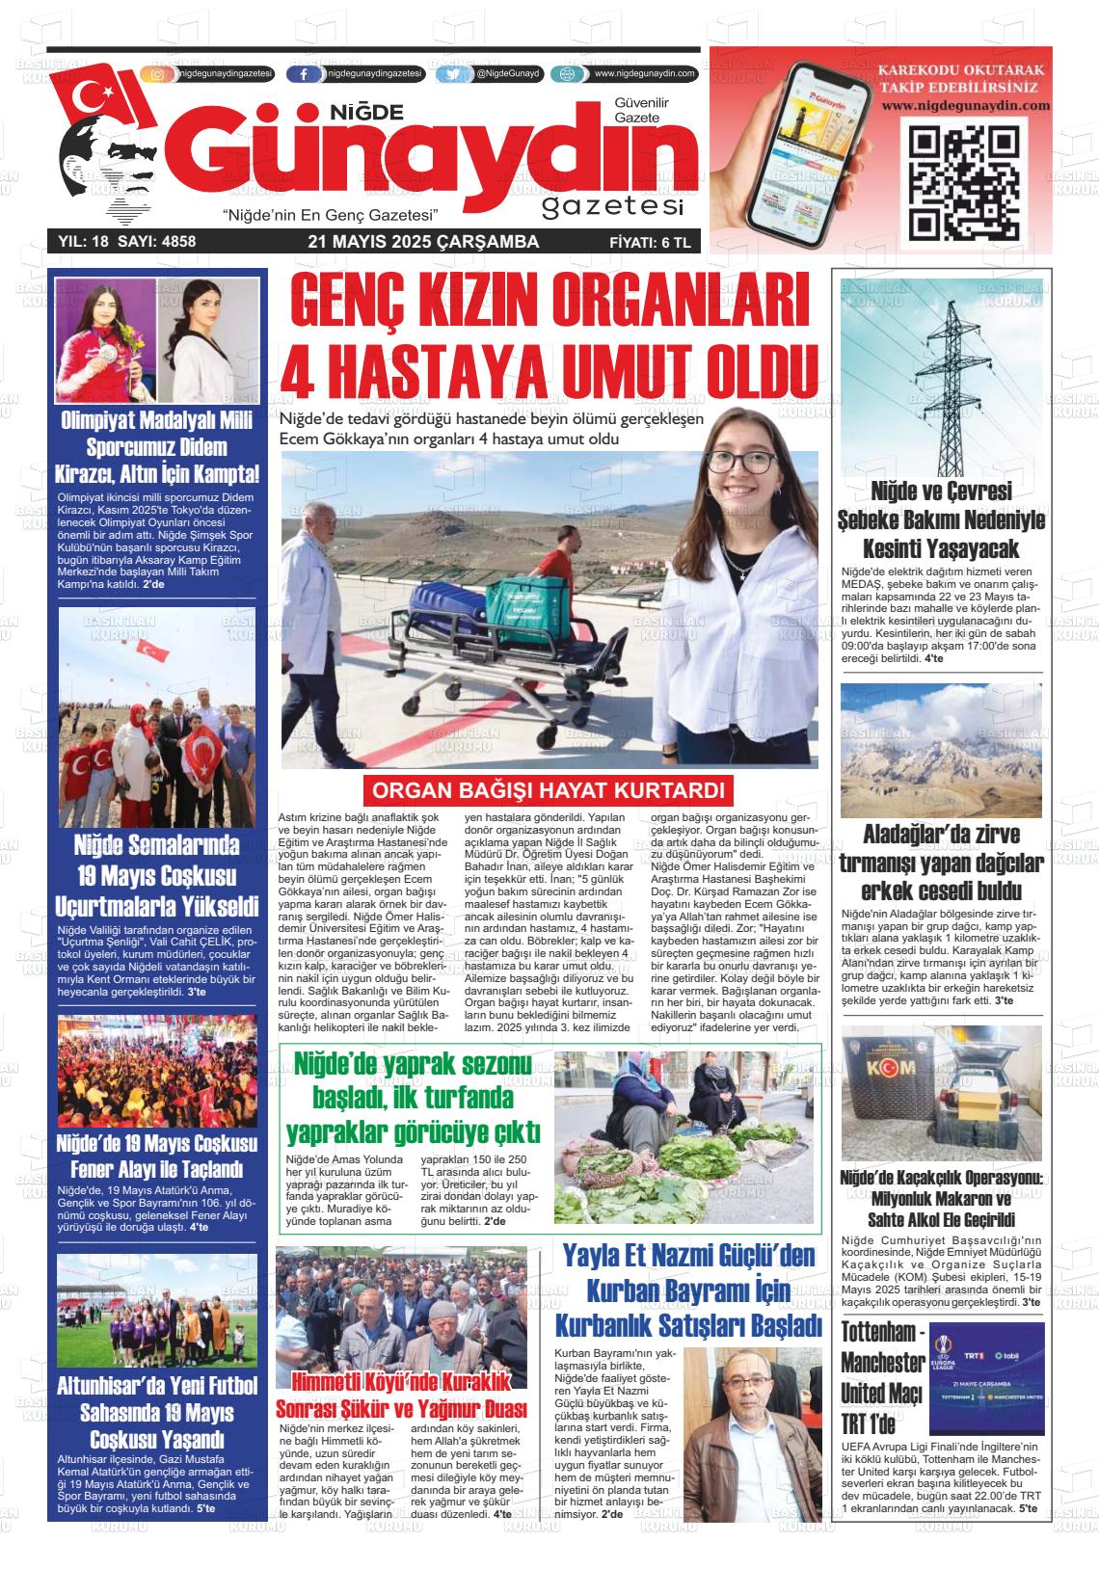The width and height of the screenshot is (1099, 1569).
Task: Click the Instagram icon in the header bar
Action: coord(158,74)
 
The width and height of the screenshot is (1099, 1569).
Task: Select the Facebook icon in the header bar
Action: coord(305,74)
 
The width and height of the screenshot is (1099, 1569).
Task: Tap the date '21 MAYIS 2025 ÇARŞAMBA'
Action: coord(423,242)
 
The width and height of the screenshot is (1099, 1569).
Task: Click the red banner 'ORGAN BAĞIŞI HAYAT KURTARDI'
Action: coord(548,791)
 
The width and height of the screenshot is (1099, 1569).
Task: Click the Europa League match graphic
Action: coord(986,1365)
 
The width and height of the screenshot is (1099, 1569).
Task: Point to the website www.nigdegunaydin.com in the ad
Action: coord(951,105)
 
